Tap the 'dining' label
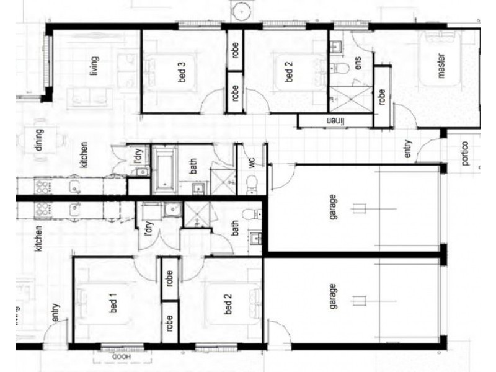click(38, 141)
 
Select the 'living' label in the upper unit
click(94, 66)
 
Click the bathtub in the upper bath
click(164, 167)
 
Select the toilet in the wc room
click(251, 181)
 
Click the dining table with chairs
click(39, 141)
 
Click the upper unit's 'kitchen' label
click(83, 155)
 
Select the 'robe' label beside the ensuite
click(382, 97)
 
